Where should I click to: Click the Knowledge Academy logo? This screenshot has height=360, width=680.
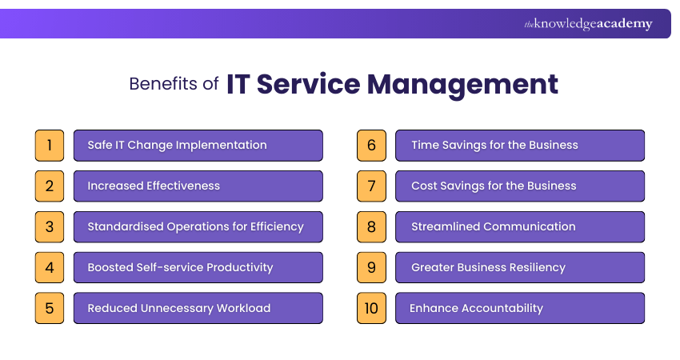point(588,24)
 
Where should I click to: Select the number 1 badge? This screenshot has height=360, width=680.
point(50,146)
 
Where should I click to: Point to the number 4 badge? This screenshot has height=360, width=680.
point(50,267)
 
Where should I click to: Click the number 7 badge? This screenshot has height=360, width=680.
point(371,186)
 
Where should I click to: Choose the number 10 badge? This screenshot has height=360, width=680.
point(371,308)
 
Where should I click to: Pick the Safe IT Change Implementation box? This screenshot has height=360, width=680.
point(198,146)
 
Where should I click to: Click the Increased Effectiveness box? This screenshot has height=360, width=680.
point(198,186)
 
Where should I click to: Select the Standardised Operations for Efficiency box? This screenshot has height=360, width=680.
point(198,226)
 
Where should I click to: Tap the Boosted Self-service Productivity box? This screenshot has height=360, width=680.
point(198,267)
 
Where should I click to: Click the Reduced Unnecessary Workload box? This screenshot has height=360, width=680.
point(198,308)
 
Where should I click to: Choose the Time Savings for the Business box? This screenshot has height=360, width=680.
point(520,146)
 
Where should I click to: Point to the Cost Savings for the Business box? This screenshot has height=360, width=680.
point(520,186)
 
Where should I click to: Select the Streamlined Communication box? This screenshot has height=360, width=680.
point(520,226)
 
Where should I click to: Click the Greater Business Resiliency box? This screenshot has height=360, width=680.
point(520,267)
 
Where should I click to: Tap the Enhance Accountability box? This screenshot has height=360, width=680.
point(520,308)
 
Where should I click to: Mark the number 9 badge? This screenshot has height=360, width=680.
point(371,267)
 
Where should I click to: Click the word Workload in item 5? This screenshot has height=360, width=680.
point(243,308)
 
